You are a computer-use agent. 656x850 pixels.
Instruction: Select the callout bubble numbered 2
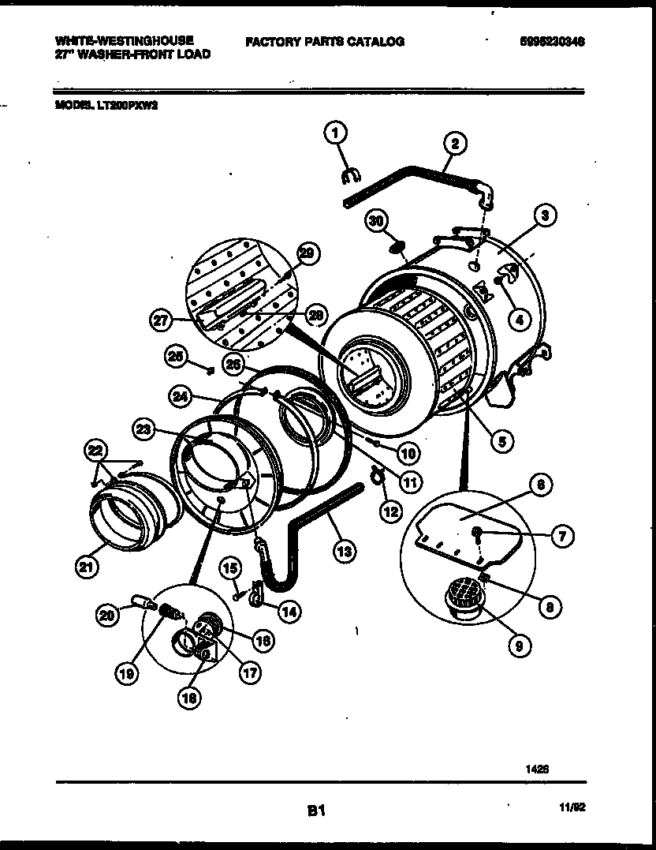pyautogui.click(x=454, y=143)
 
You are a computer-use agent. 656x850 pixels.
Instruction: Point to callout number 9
pyautogui.click(x=518, y=646)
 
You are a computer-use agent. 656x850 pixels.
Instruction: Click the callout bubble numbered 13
pyautogui.click(x=341, y=552)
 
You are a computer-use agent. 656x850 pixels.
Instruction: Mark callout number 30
pyautogui.click(x=378, y=222)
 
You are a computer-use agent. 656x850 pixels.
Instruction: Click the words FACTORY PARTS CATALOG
pyautogui.click(x=324, y=41)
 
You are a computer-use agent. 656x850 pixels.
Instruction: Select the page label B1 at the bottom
pyautogui.click(x=316, y=809)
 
